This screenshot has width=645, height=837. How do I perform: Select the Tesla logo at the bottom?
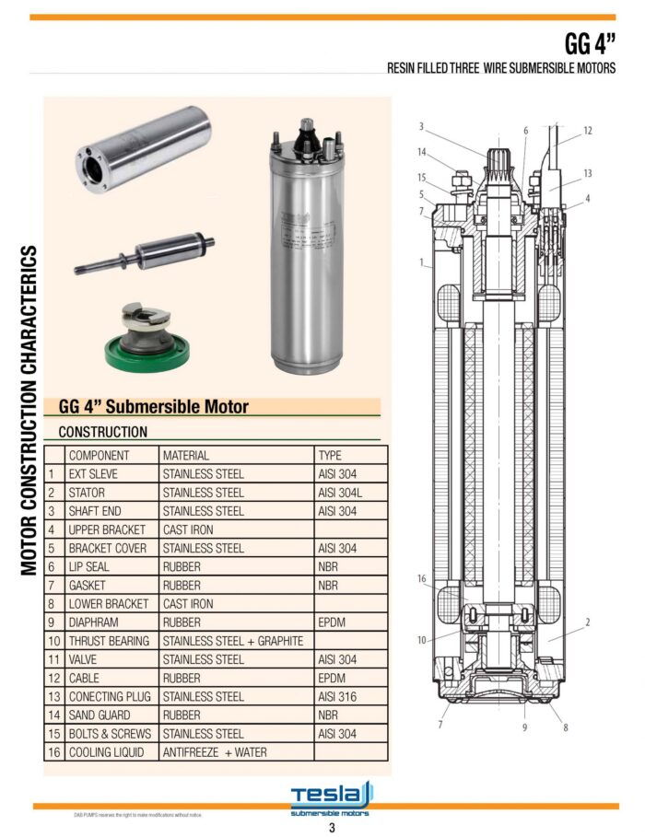pos(331,797)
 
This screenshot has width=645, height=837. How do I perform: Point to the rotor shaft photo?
pos(145,255)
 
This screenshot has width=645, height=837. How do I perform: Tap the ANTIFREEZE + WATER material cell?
pos(215,752)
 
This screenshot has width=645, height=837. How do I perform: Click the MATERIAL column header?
pos(185,455)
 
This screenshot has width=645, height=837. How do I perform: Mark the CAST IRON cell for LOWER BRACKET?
pos(187,604)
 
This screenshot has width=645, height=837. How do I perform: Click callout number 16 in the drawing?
pos(421,579)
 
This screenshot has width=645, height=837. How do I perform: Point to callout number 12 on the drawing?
pos(587,131)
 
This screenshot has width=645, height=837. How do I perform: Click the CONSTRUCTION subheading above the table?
pos(102,431)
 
